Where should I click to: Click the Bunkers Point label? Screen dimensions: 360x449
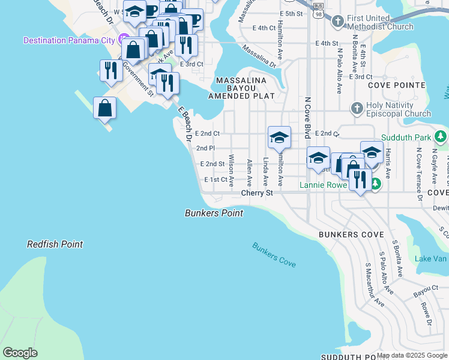[214, 213]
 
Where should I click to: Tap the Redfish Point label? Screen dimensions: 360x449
[55, 244]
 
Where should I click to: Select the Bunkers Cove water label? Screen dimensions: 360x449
[274, 255]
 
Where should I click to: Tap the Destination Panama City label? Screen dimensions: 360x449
[69, 40]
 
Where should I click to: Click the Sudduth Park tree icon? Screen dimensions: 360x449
[441, 137]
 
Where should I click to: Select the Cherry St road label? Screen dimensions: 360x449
[257, 193]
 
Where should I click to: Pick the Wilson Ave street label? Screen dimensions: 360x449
[231, 170]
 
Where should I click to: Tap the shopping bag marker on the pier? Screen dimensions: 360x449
[105, 109]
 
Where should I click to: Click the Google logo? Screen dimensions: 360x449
[20, 353]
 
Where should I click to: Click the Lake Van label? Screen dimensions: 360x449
[430, 259]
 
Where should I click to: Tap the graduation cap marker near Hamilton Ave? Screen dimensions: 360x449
[279, 138]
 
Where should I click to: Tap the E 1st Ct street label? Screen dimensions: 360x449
[216, 179]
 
